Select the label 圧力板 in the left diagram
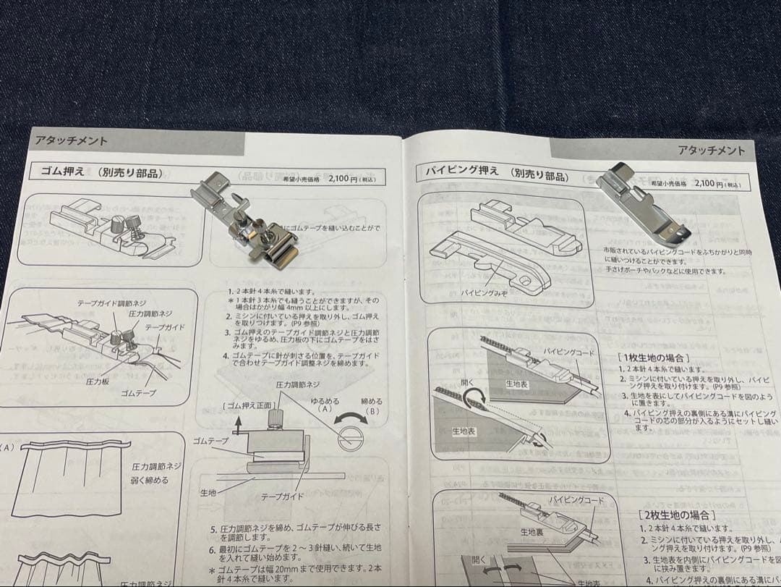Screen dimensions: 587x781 98,381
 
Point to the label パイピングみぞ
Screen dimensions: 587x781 482,293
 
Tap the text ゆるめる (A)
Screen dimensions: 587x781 324,405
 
